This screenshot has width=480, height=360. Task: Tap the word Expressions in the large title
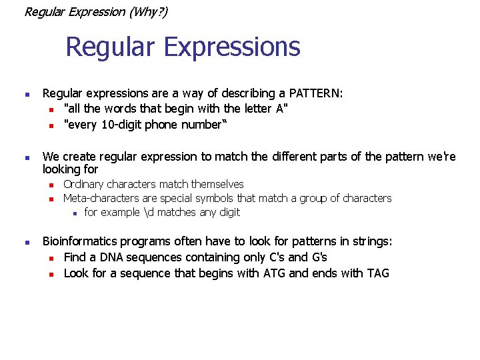[231, 47]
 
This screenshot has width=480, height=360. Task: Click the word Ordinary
[83, 184]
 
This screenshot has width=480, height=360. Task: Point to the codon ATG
[273, 273]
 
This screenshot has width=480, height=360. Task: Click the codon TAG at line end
[377, 273]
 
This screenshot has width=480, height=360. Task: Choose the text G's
[317, 257]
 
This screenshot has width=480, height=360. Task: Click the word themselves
[217, 184]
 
